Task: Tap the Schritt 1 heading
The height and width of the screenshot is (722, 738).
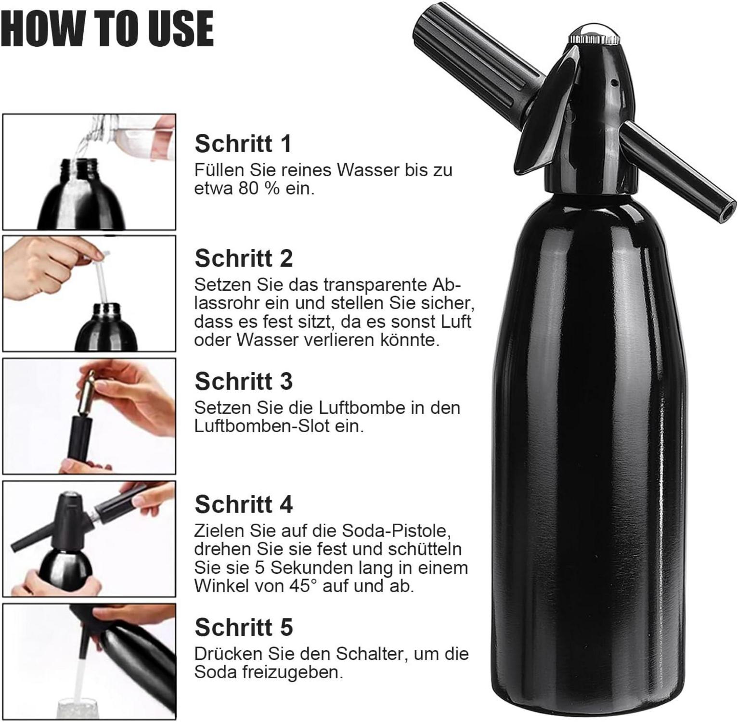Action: pyautogui.click(x=243, y=143)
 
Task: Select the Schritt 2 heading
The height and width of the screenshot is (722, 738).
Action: pyautogui.click(x=244, y=258)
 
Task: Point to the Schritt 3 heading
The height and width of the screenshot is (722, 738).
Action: pyautogui.click(x=244, y=381)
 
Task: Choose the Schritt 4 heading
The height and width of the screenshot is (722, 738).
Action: pyautogui.click(x=244, y=504)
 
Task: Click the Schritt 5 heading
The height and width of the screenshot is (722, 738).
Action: pyautogui.click(x=244, y=627)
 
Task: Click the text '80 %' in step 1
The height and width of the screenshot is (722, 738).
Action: pyautogui.click(x=259, y=189)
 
